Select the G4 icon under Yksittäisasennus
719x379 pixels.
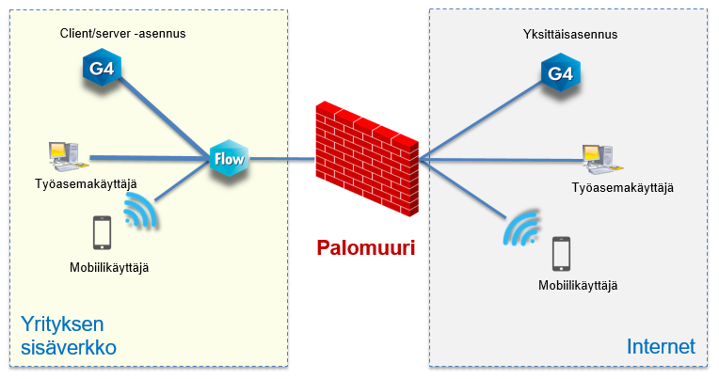559,72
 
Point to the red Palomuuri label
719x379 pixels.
365,248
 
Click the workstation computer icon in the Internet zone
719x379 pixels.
598,160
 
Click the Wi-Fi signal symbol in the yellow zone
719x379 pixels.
140,213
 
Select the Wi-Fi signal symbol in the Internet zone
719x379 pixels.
520,228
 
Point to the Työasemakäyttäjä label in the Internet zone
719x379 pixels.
623,188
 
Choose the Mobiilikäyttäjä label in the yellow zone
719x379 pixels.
109,267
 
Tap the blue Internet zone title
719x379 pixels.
661,347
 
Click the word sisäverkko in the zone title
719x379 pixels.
68,348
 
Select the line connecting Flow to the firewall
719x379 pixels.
281,159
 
